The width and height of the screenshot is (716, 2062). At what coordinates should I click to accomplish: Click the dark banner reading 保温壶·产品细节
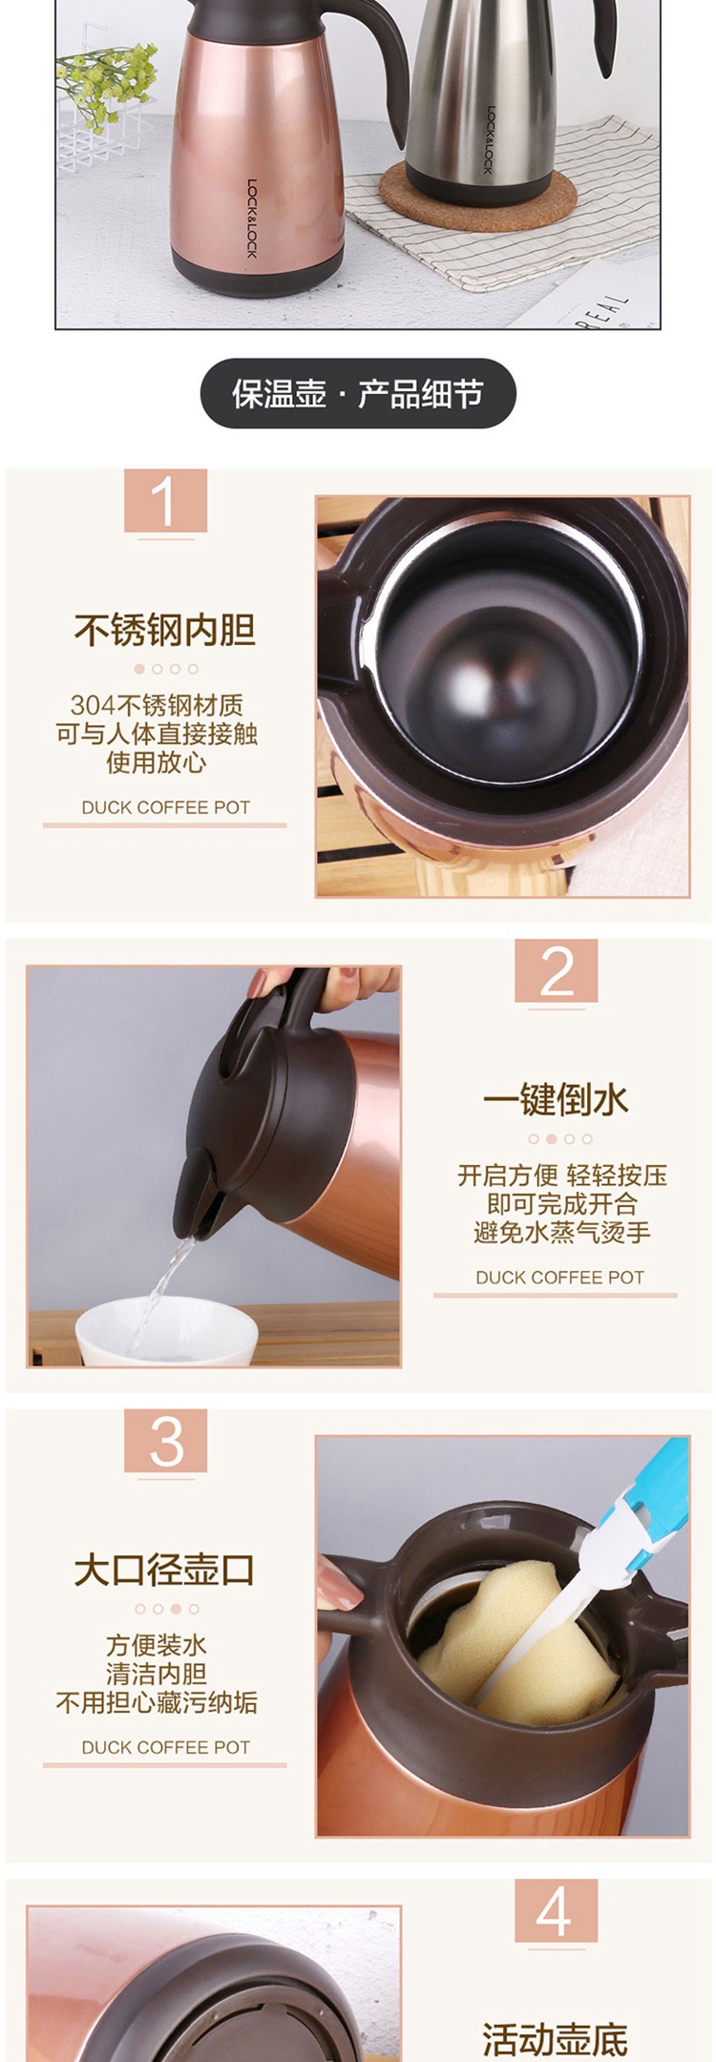pyautogui.click(x=358, y=393)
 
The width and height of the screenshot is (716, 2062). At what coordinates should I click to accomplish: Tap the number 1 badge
pyautogui.click(x=165, y=501)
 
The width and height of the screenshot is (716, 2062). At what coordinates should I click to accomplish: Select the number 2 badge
pyautogui.click(x=557, y=971)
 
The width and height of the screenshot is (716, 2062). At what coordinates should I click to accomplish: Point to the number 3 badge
pyautogui.click(x=165, y=1441)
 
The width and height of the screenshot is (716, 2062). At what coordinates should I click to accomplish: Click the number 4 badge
pyautogui.click(x=557, y=1911)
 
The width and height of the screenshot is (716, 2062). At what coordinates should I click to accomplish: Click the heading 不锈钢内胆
pyautogui.click(x=165, y=630)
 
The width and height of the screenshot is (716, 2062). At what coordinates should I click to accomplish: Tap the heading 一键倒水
pyautogui.click(x=557, y=1100)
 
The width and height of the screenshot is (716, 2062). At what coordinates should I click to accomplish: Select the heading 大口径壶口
pyautogui.click(x=165, y=1570)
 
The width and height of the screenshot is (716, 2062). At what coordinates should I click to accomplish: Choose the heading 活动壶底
pyautogui.click(x=557, y=2040)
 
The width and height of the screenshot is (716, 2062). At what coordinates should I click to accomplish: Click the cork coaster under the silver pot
pyautogui.click(x=478, y=197)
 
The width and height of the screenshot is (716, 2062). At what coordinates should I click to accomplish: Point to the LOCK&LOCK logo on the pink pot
pyautogui.click(x=252, y=219)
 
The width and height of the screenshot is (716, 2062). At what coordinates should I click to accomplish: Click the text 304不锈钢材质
pyautogui.click(x=157, y=705)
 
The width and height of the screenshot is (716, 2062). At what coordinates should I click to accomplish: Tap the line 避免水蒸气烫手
pyautogui.click(x=562, y=1232)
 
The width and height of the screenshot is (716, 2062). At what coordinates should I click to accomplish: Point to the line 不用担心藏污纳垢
pyautogui.click(x=157, y=1702)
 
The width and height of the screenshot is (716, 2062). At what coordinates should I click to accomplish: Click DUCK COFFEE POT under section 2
pyautogui.click(x=560, y=1278)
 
